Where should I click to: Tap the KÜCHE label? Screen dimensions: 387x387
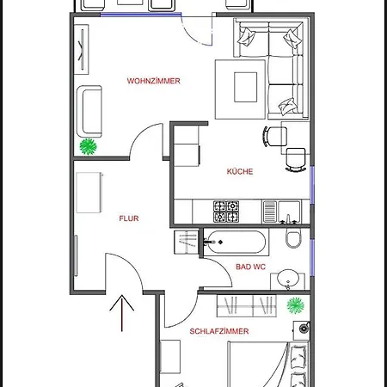pyautogui.click(x=240, y=171)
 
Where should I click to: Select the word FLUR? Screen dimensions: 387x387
pyautogui.click(x=129, y=218)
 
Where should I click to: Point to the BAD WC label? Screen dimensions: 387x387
pyautogui.click(x=251, y=267)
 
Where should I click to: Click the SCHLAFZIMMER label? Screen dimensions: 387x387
pyautogui.click(x=219, y=330)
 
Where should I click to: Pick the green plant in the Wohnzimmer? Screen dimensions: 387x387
pyautogui.click(x=88, y=147)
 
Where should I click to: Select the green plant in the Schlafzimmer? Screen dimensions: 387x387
pyautogui.click(x=296, y=304)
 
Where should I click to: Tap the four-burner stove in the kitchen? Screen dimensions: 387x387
pyautogui.click(x=226, y=208)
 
